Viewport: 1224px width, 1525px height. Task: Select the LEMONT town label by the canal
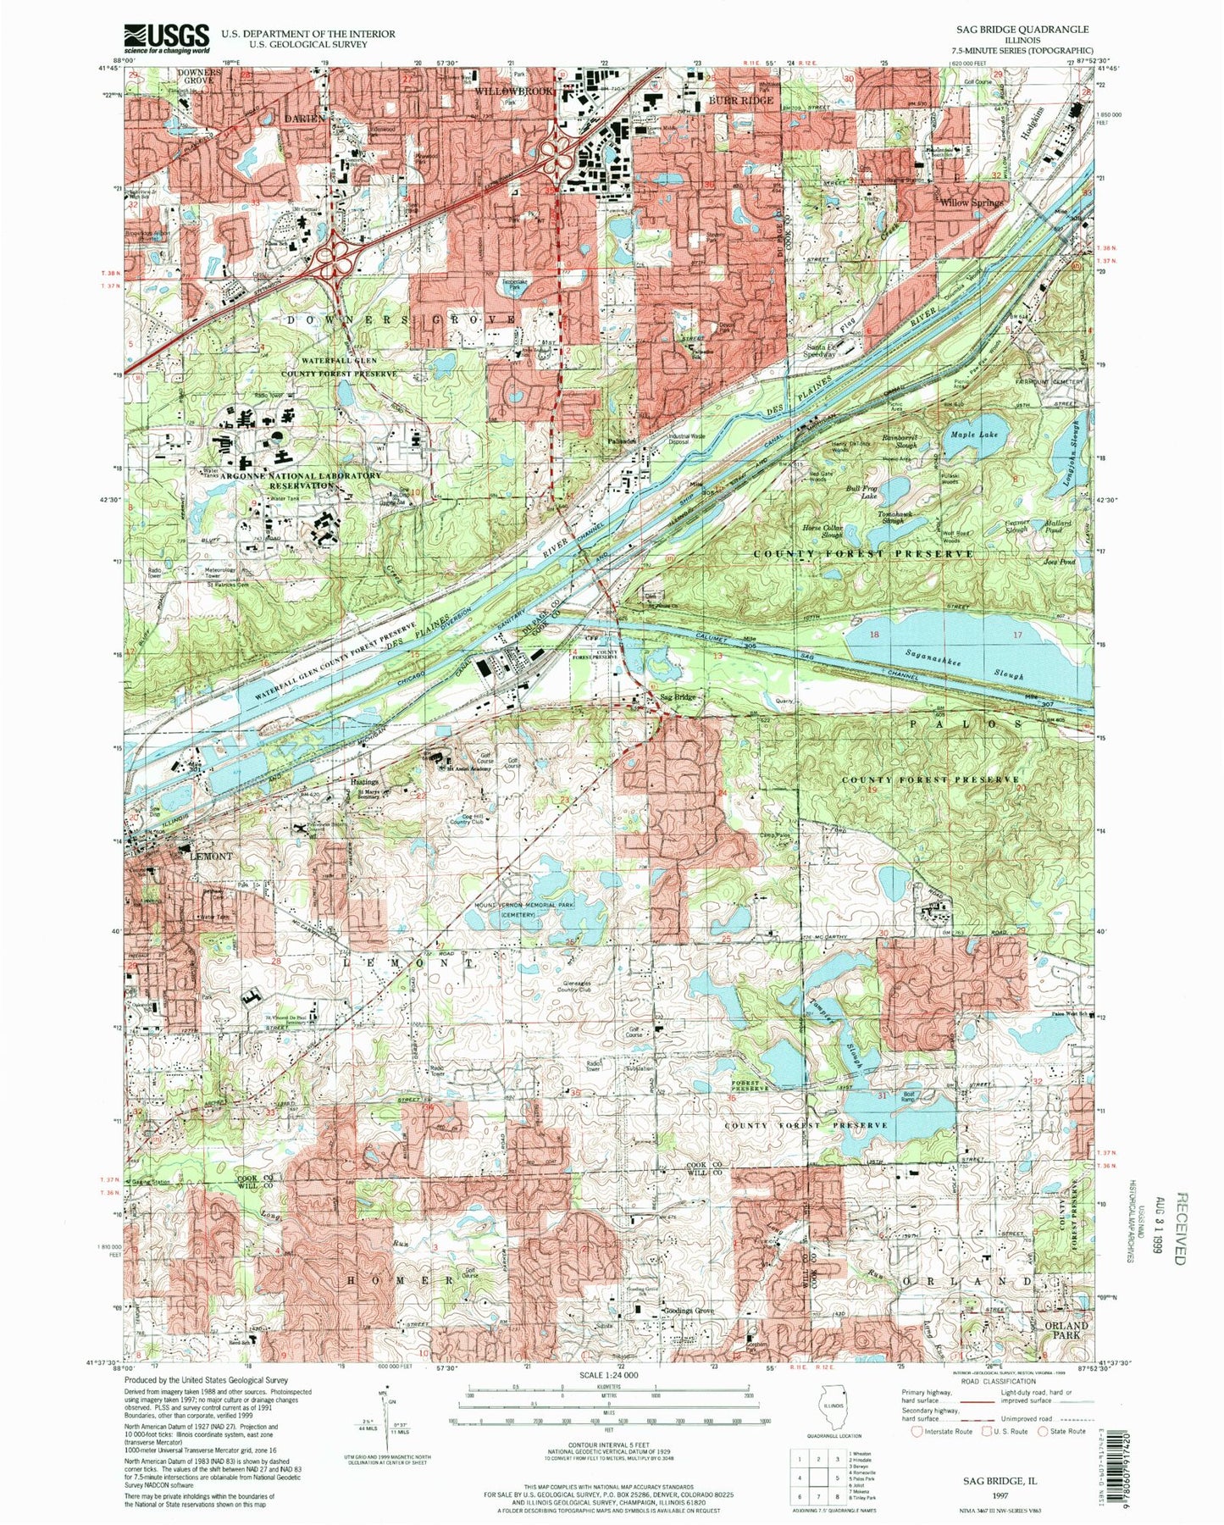click(x=210, y=856)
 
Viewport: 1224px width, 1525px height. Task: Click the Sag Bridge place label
click(x=678, y=697)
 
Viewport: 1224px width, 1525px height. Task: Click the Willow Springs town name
click(x=971, y=203)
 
